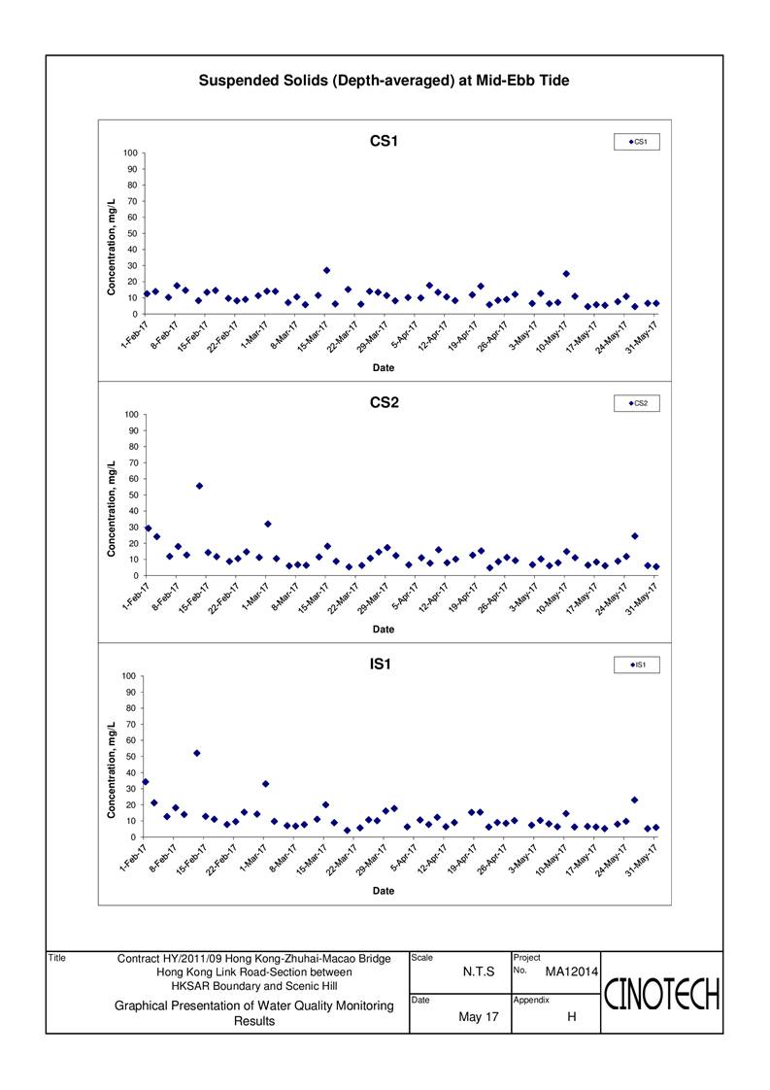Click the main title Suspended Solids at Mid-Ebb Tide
point(384,81)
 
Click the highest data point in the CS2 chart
point(199,486)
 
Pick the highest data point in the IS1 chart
point(196,753)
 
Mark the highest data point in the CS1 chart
point(326,270)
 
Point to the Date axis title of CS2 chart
point(385,630)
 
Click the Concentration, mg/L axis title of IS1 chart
point(113,757)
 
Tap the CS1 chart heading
point(385,141)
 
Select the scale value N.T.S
point(480,971)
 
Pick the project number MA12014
point(570,971)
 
